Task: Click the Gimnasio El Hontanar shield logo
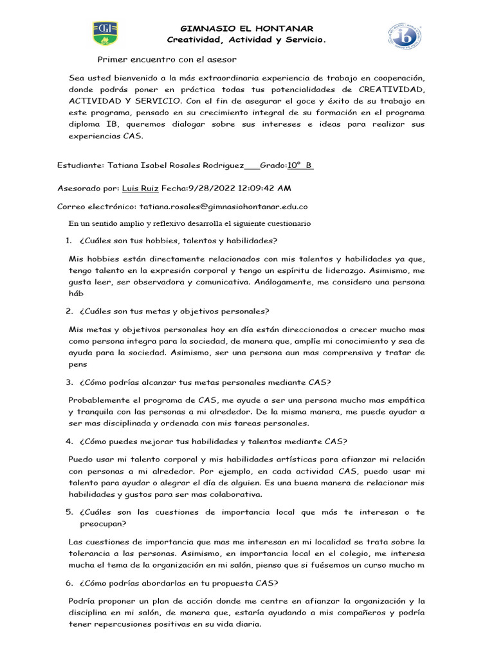(105, 33)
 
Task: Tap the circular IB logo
(404, 36)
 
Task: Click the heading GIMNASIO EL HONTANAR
(247, 28)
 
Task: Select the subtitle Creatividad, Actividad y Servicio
(247, 40)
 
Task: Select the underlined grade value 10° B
(300, 165)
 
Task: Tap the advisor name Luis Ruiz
(140, 189)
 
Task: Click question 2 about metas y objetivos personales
(175, 311)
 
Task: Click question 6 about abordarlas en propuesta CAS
(179, 583)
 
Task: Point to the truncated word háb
(77, 293)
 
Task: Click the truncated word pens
(77, 364)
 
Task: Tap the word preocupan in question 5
(103, 524)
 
